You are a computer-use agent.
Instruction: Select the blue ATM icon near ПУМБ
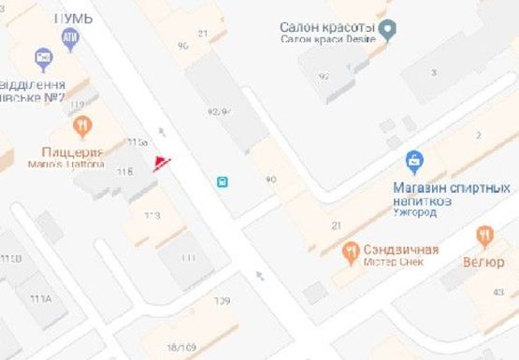70,37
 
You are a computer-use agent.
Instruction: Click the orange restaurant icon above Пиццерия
82,126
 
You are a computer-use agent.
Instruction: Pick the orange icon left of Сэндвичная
352,250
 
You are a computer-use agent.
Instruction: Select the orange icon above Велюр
484,235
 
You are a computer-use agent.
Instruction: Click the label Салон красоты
327,27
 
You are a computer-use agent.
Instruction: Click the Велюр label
483,262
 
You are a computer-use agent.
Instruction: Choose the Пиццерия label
70,151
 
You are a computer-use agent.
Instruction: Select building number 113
151,215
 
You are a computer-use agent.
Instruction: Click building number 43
498,293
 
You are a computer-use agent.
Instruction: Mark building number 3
433,72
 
